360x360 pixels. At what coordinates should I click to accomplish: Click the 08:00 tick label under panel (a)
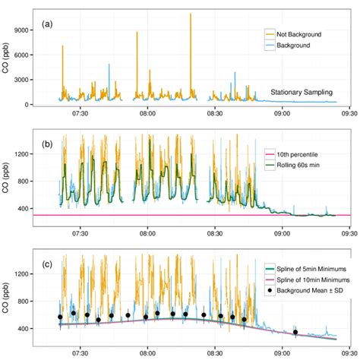[x=147, y=115]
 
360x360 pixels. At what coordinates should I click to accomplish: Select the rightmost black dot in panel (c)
[x=295, y=332]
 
